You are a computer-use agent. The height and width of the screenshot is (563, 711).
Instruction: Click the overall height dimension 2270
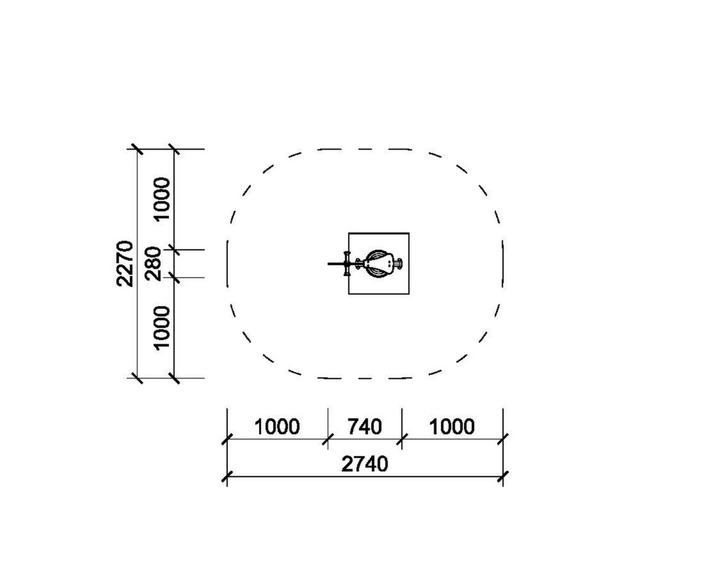[125, 264]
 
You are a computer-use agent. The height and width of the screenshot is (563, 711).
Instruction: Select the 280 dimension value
[153, 264]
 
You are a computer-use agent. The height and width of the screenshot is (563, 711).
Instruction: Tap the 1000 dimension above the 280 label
[162, 199]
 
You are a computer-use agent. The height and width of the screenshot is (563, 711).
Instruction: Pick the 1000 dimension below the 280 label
[162, 327]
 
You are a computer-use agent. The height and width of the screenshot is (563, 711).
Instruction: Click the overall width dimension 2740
[365, 464]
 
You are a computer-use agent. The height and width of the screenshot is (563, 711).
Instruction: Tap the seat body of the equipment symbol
[379, 264]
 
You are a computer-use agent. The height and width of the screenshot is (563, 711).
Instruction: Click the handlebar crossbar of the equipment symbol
[347, 264]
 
